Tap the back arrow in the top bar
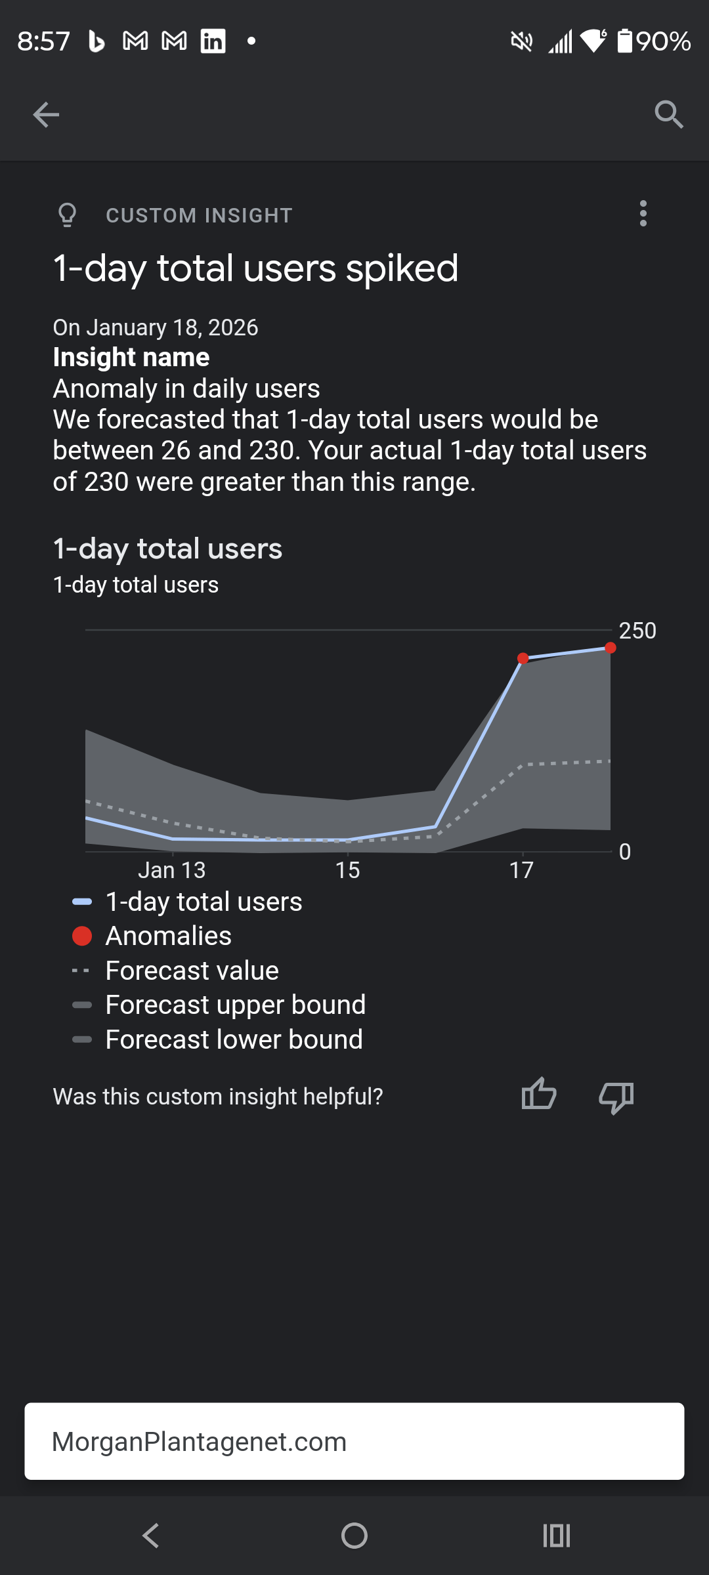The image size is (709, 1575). click(x=46, y=115)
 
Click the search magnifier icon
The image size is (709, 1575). click(x=669, y=115)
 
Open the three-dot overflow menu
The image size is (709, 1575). click(x=643, y=214)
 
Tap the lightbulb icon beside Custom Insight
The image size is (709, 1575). click(x=67, y=215)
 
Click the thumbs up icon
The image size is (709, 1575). click(x=539, y=1095)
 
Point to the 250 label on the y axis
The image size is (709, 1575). click(x=637, y=631)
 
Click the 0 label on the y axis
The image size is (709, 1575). click(x=624, y=852)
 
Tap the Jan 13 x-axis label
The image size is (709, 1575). click(x=171, y=870)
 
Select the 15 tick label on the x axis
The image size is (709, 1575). click(x=347, y=870)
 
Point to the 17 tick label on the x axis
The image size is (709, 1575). click(x=521, y=870)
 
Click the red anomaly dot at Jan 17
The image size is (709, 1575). click(x=523, y=658)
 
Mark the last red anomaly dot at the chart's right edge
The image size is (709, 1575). click(x=611, y=648)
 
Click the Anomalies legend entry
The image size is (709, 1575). click(x=168, y=936)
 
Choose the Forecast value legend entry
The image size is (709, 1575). click(x=192, y=971)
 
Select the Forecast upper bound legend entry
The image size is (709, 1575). click(x=235, y=1005)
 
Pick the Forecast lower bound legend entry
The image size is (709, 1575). click(x=234, y=1039)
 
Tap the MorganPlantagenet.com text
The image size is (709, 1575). click(x=199, y=1442)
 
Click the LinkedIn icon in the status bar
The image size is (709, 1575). click(x=213, y=41)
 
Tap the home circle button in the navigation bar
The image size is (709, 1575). click(x=354, y=1536)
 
